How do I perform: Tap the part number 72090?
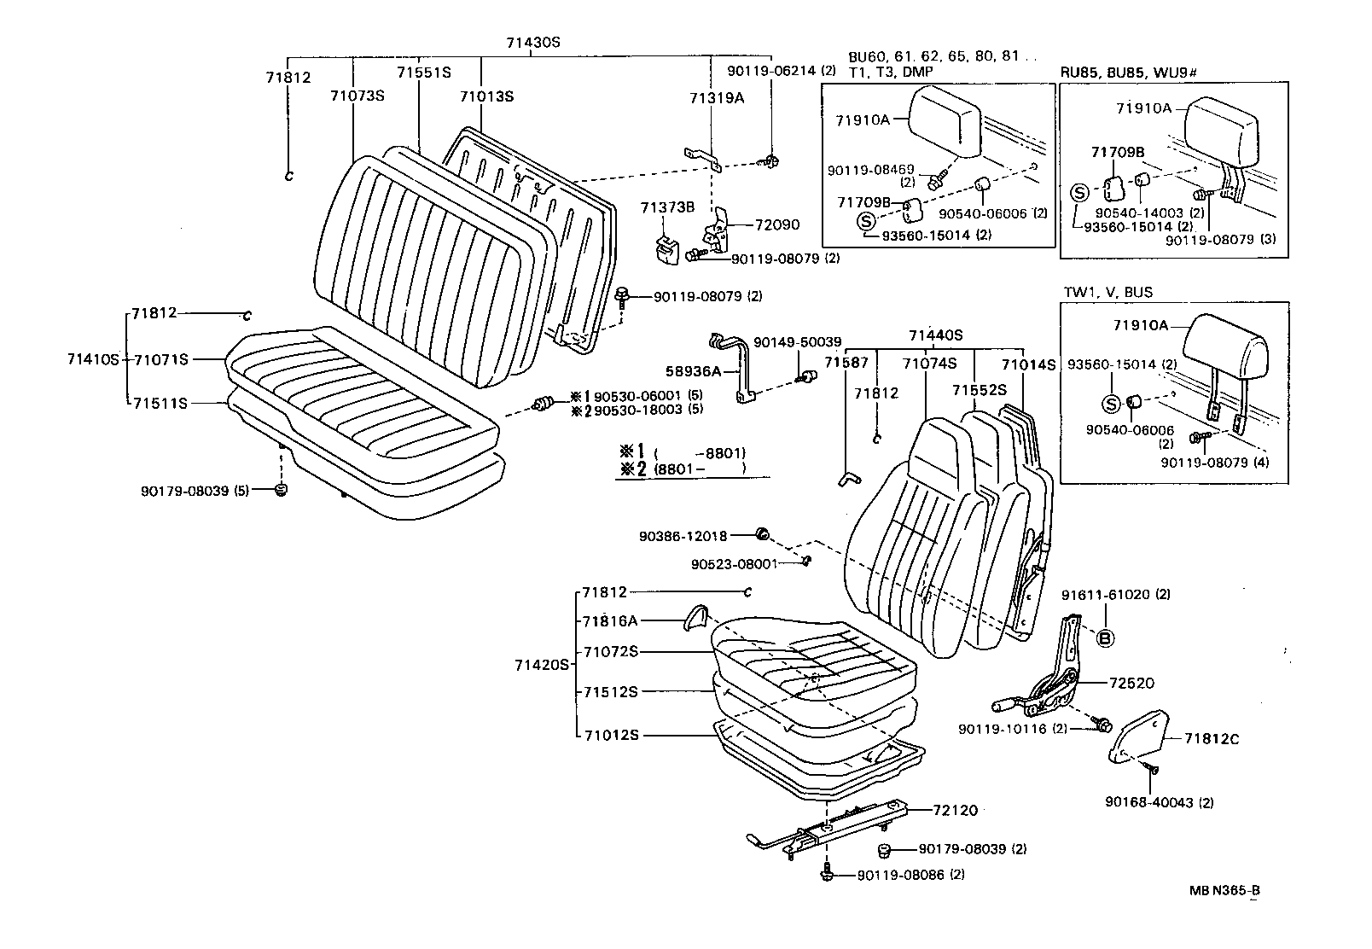[777, 225]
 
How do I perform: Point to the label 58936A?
[693, 371]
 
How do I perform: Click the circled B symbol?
[1104, 638]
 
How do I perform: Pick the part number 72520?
[1131, 684]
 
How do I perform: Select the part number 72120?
[955, 811]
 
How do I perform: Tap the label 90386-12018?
[683, 537]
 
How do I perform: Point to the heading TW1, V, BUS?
[1107, 292]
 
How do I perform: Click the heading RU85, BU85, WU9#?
[1128, 73]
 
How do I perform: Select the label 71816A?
[610, 621]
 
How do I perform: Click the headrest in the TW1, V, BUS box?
[1227, 346]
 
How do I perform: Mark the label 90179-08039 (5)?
[195, 492]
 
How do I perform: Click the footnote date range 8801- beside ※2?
[700, 469]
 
